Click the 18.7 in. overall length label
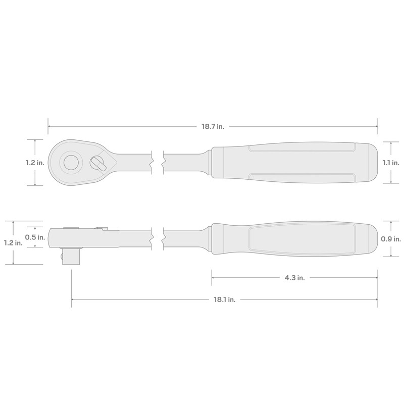213,126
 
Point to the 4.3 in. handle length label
294,277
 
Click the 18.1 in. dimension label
224,299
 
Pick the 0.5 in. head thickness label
34,237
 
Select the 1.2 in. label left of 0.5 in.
12,243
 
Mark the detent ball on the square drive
62,258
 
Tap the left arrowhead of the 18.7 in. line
49,126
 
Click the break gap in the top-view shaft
158,163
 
